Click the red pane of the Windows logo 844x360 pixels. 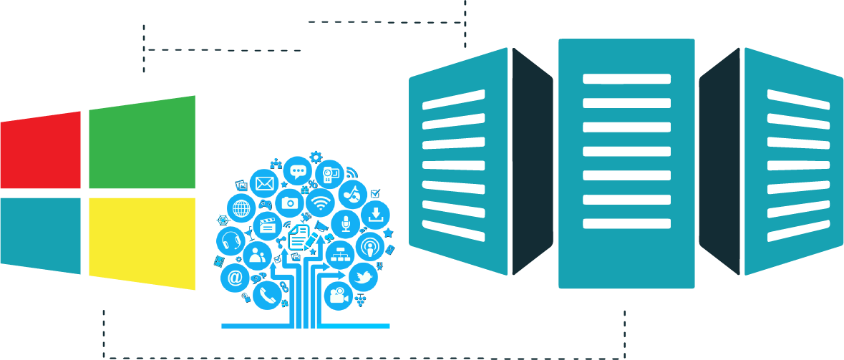pyautogui.click(x=40, y=152)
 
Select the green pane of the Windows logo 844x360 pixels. pyautogui.click(x=142, y=143)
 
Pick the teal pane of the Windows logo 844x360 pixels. pyautogui.click(x=40, y=235)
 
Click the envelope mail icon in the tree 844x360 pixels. pyautogui.click(x=264, y=184)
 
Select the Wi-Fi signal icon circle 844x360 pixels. pyautogui.click(x=321, y=203)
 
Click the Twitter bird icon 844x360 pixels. pyautogui.click(x=363, y=276)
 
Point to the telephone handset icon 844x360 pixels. pyautogui.click(x=266, y=294)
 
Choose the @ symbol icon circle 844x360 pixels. pyautogui.click(x=235, y=278)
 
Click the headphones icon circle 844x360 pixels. pyautogui.click(x=231, y=240)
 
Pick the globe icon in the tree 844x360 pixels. pyautogui.click(x=241, y=209)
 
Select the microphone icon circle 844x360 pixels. pyautogui.click(x=346, y=224)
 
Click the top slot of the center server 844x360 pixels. pyautogui.click(x=626, y=79)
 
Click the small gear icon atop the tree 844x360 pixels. pyautogui.click(x=316, y=155)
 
